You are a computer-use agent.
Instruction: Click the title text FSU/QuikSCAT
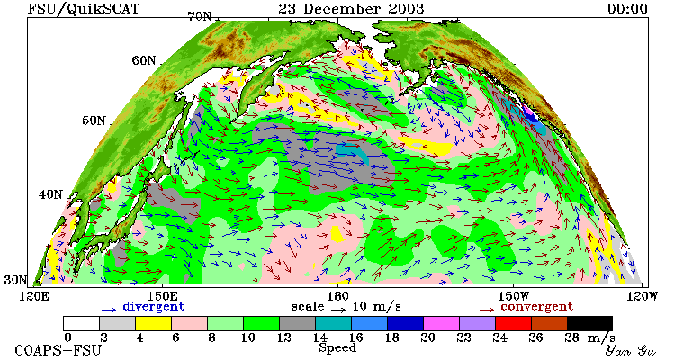(84, 9)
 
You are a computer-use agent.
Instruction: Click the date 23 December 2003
(351, 8)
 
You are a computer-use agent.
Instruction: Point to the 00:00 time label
(627, 9)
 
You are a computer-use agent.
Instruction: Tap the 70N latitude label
(200, 16)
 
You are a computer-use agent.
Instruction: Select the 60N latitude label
(144, 60)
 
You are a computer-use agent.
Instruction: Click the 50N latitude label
(94, 121)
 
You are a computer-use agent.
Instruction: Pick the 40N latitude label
(50, 194)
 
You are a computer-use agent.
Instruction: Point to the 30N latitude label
(15, 280)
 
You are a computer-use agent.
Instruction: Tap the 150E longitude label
(162, 296)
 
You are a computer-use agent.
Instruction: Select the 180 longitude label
(337, 296)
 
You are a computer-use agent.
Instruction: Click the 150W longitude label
(513, 296)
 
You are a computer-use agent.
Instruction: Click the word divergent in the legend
(154, 307)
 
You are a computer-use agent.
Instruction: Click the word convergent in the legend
(536, 307)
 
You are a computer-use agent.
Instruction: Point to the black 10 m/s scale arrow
(338, 309)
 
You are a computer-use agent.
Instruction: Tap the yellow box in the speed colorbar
(153, 323)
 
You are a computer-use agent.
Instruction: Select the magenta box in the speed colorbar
(441, 323)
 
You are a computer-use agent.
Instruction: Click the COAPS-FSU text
(58, 350)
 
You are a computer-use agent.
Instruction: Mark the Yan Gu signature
(630, 350)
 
